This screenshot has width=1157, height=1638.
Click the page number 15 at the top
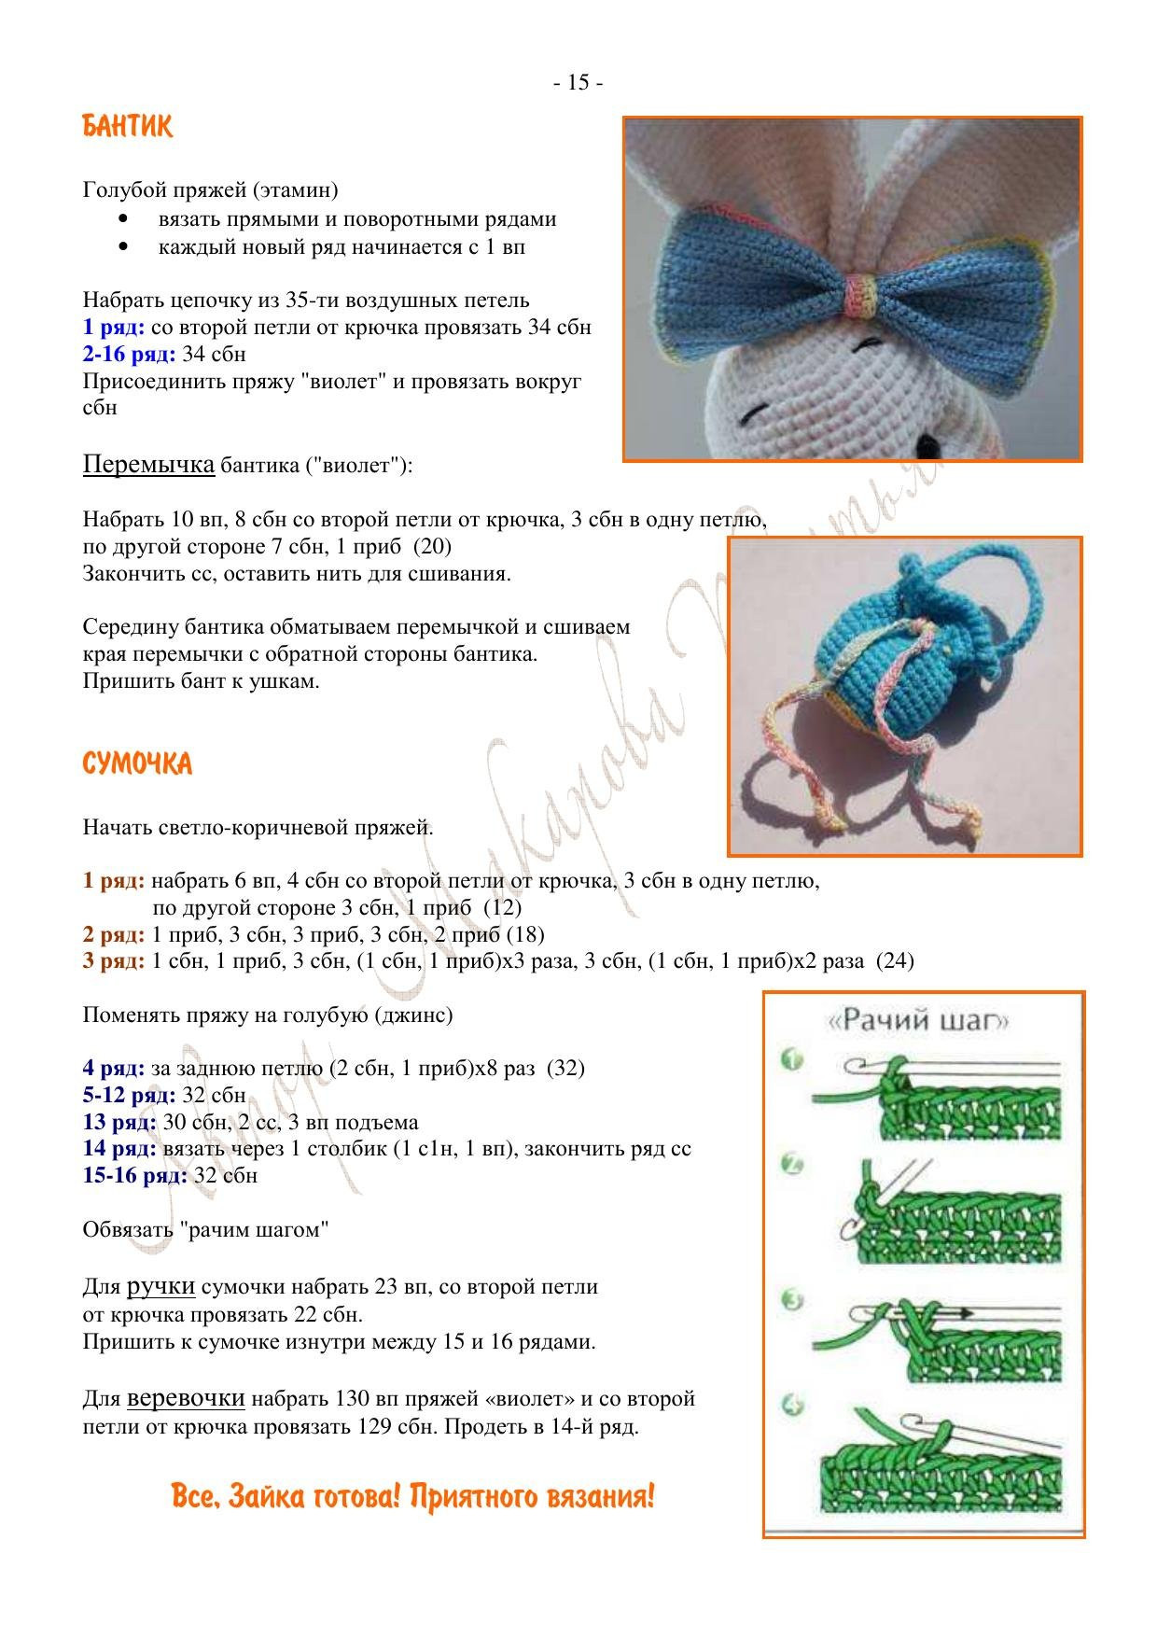click(x=578, y=83)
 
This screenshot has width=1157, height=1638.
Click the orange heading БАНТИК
click(x=128, y=126)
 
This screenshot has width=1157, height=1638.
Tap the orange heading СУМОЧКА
click(x=137, y=764)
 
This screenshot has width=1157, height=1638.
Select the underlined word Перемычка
click(x=148, y=464)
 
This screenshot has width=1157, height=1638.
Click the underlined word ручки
click(x=160, y=1286)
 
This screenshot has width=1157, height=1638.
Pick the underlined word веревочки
click(x=186, y=1398)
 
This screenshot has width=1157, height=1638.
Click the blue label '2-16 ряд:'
click(x=129, y=355)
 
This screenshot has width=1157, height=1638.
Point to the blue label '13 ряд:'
click(x=119, y=1122)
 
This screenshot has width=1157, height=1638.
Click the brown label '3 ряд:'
click(x=113, y=960)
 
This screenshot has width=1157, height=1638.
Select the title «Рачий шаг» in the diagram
click(x=918, y=1020)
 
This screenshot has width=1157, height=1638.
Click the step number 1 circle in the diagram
click(x=792, y=1060)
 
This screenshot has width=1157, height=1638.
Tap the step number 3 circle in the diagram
click(x=792, y=1299)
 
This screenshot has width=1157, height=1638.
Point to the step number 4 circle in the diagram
click(x=792, y=1405)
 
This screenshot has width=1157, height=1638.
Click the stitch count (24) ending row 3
click(x=896, y=960)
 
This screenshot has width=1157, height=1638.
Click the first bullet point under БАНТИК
click(x=123, y=219)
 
